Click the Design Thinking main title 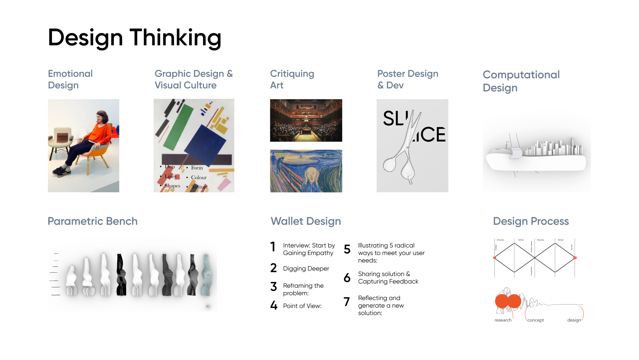point(134,38)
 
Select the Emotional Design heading point(70,79)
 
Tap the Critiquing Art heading point(292,79)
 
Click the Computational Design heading point(521,81)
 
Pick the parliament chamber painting point(306,120)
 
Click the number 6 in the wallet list point(347,278)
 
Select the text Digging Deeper point(306,269)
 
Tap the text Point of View point(302,306)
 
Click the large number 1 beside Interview point(273,247)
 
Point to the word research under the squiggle point(503,320)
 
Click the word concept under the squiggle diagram point(535,320)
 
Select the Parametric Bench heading point(92,221)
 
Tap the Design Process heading point(530,221)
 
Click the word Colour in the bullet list point(199,178)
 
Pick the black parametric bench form point(121,275)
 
